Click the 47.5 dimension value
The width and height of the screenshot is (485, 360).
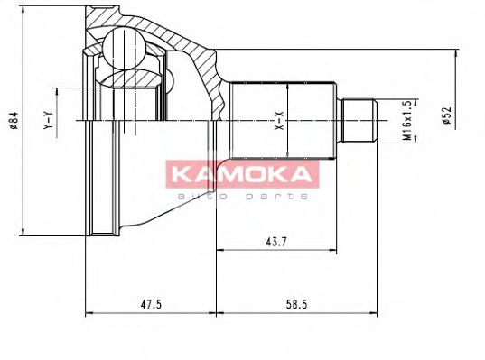click(150, 305)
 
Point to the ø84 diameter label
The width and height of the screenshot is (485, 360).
click(14, 118)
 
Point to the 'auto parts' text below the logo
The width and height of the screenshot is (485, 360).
click(243, 195)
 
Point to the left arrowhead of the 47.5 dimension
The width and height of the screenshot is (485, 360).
click(88, 315)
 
